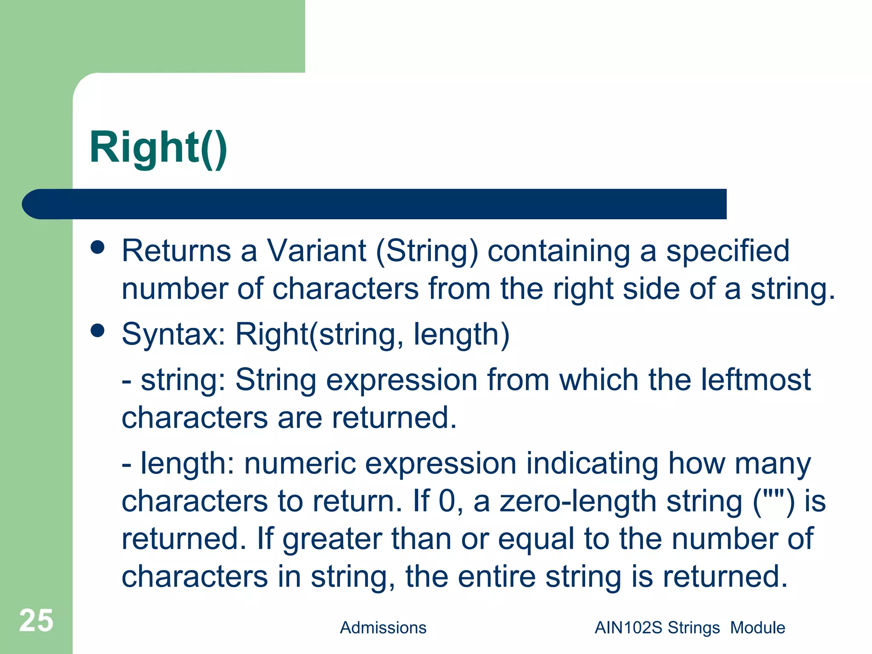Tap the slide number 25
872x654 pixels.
[x=36, y=620]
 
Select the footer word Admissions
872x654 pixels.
[x=383, y=628]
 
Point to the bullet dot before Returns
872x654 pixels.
[x=98, y=247]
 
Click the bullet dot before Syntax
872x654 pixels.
[x=98, y=331]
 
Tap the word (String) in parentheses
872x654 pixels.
[x=427, y=251]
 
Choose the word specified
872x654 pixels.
[x=728, y=251]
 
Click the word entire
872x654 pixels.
[x=496, y=577]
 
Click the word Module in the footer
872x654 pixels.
[x=757, y=628]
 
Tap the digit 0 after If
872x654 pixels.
[x=447, y=501]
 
